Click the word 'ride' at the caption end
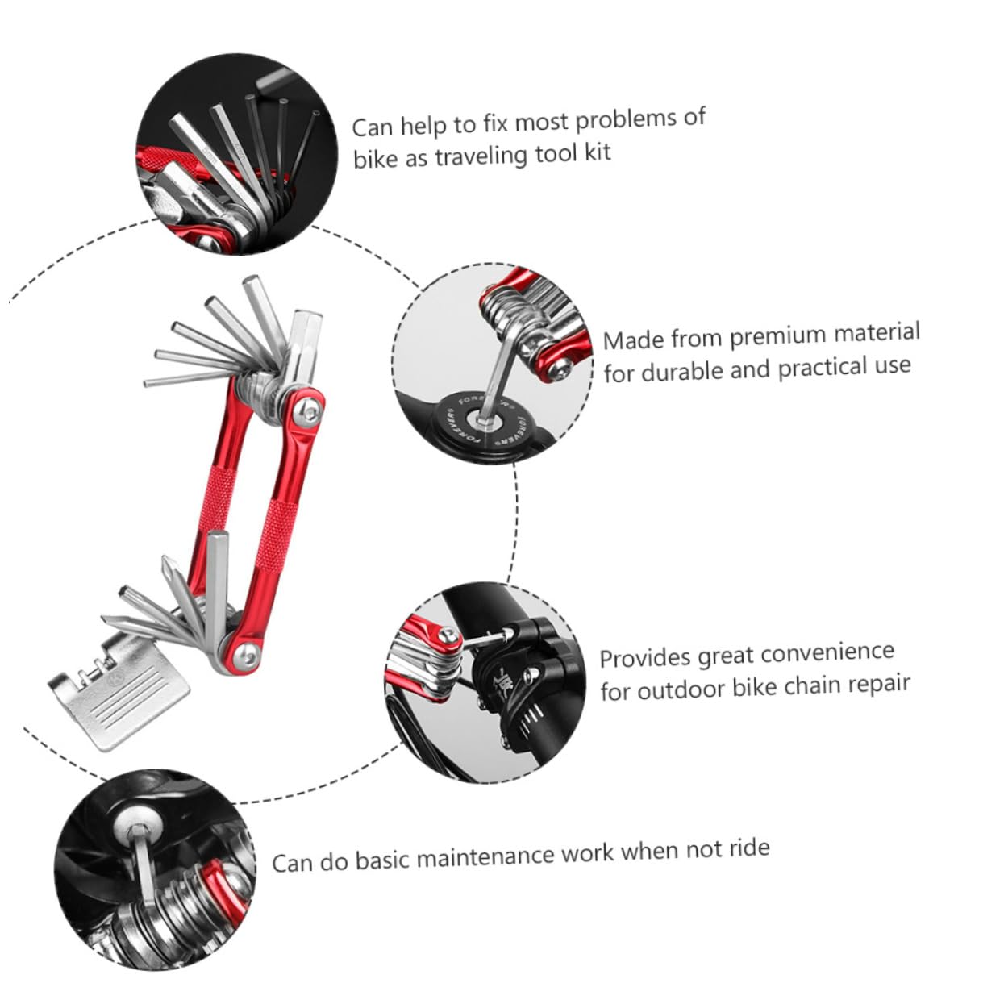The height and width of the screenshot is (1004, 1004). pos(748,848)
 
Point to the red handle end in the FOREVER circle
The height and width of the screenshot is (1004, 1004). pos(556,367)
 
